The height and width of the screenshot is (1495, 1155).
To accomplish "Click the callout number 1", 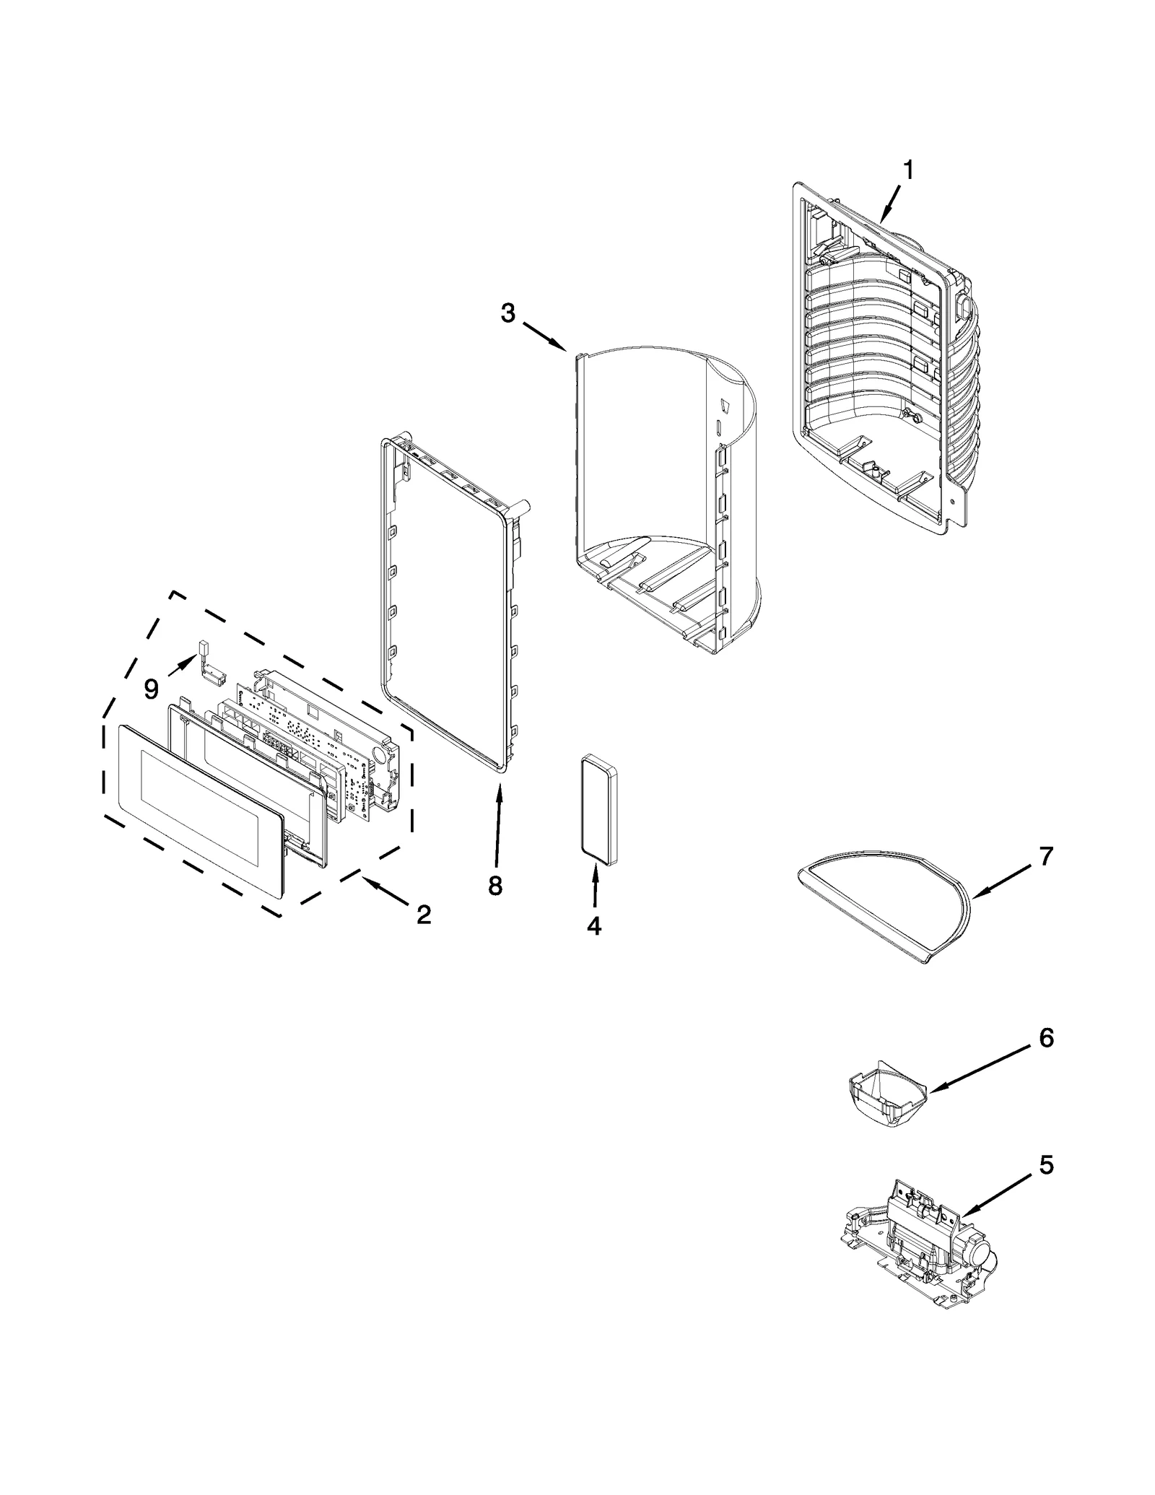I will tap(908, 170).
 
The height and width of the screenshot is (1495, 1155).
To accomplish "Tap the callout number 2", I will tap(424, 915).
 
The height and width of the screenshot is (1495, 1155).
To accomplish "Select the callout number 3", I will tap(508, 313).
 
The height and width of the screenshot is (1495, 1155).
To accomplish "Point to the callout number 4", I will tap(593, 925).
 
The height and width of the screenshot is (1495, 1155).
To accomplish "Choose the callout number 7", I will tap(1046, 856).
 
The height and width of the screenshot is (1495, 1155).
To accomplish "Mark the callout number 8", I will tap(494, 886).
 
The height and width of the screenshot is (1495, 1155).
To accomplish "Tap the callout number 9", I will tap(151, 689).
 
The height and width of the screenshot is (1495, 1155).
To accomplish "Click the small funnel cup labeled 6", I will tap(886, 1095).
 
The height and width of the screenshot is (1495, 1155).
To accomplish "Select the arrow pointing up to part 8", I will tap(498, 823).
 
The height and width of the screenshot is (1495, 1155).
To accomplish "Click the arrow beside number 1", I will tap(889, 202).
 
